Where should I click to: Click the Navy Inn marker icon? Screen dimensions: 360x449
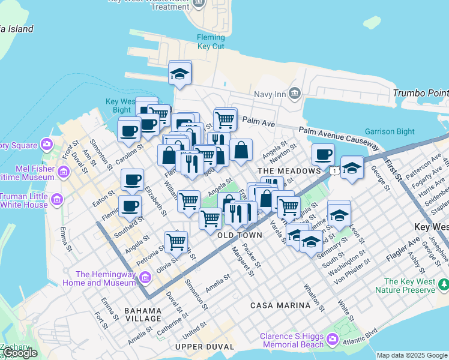tap(294, 93)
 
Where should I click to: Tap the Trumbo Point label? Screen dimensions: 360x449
tap(420, 93)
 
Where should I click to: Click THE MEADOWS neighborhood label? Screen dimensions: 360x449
tap(289, 171)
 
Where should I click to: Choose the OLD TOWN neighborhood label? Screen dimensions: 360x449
tap(240, 235)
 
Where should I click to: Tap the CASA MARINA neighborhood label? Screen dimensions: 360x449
tap(280, 305)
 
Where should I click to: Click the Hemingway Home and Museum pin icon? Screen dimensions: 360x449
tap(145, 277)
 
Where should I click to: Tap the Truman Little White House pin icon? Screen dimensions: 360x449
tap(57, 199)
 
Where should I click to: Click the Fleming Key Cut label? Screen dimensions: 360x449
tap(211, 42)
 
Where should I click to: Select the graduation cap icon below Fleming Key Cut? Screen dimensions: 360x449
tap(179, 74)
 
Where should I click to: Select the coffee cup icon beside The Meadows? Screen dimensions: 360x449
tap(323, 155)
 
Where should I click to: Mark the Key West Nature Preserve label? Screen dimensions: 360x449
tap(408, 286)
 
